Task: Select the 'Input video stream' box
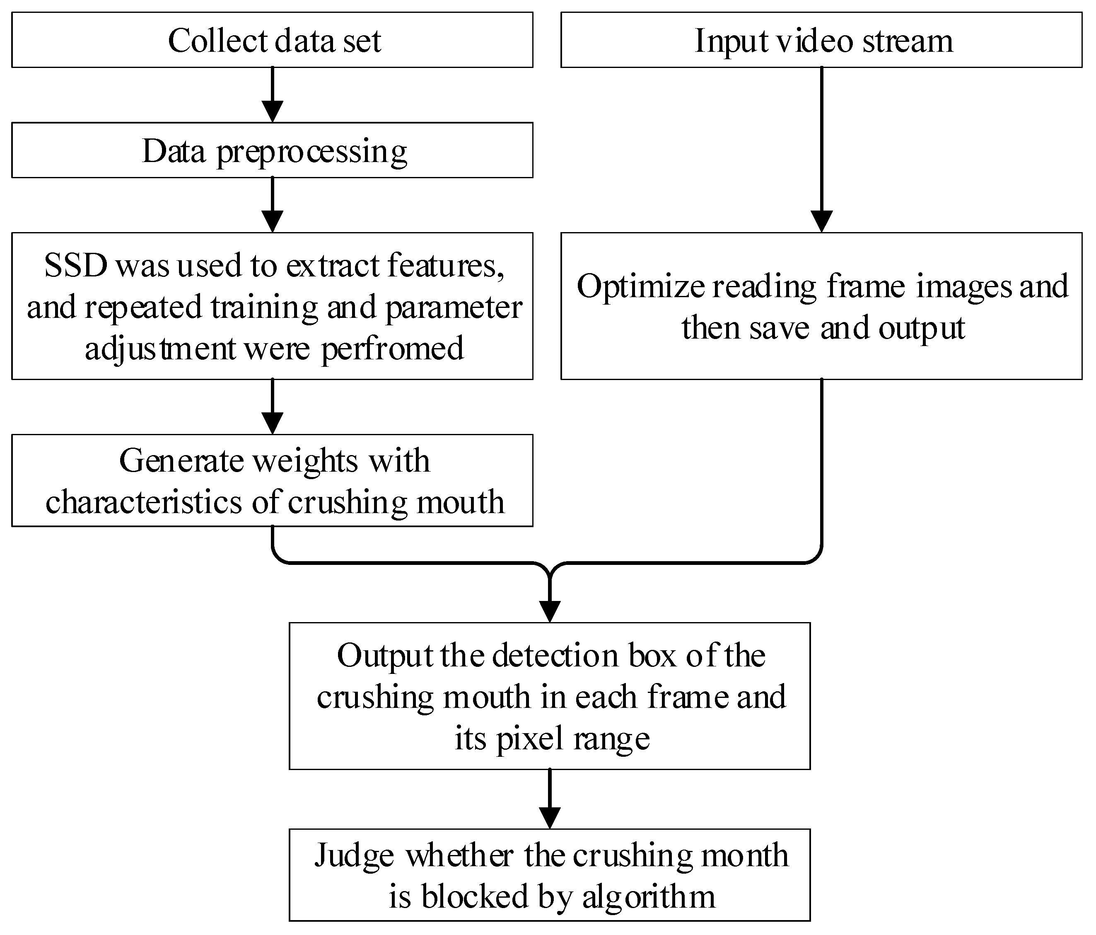[821, 40]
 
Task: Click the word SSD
[76, 266]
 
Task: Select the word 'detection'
[555, 656]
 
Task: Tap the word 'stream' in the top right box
[908, 41]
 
